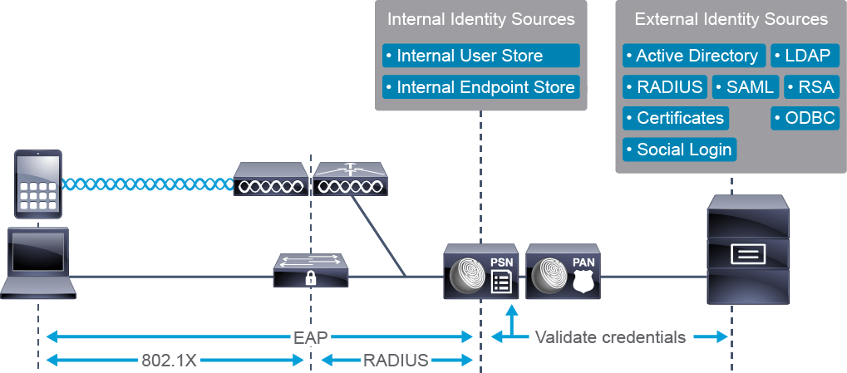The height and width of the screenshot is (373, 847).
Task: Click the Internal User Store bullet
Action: tap(480, 56)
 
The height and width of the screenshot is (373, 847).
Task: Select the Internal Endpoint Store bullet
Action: tap(480, 87)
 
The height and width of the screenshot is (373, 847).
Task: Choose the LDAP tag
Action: tap(805, 56)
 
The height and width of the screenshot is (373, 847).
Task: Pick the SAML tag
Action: tap(745, 87)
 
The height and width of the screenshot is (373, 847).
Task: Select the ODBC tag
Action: tap(805, 118)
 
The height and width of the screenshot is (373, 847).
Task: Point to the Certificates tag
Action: tap(676, 118)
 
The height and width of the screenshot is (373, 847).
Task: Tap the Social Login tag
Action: tap(680, 150)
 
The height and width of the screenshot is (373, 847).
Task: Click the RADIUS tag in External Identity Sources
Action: tap(665, 87)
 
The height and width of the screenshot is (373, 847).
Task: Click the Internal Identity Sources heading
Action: tap(480, 19)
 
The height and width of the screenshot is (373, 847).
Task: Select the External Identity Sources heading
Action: tap(731, 19)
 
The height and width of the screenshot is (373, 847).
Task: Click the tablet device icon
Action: tap(37, 184)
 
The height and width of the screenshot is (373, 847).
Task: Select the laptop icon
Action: tap(37, 261)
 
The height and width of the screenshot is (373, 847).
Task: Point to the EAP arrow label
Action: tap(311, 337)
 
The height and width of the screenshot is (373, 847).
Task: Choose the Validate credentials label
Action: tap(610, 337)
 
